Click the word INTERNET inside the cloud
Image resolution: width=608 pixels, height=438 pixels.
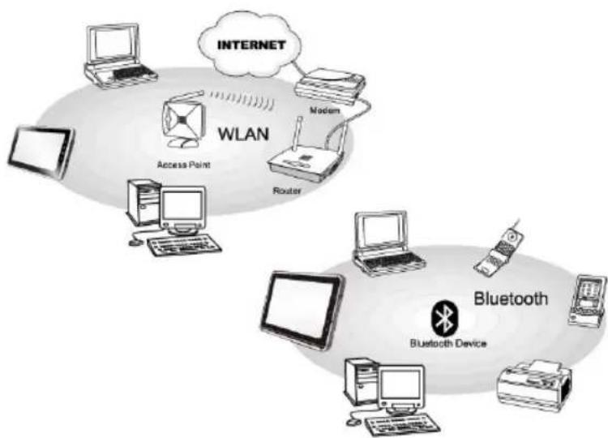click(251, 45)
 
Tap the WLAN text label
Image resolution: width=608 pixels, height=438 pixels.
click(243, 134)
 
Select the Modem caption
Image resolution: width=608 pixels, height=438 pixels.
click(324, 110)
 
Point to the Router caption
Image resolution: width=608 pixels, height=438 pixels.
click(287, 191)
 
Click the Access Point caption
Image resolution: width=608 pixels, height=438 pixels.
click(183, 165)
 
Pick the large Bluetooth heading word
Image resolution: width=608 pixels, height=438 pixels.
click(511, 298)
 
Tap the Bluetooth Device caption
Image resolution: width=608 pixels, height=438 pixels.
click(447, 343)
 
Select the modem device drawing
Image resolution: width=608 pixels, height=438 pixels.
click(330, 87)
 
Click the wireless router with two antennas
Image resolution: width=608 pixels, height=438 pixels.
click(307, 155)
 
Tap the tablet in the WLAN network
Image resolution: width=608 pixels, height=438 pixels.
click(41, 152)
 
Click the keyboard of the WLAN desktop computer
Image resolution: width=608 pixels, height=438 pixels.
click(185, 244)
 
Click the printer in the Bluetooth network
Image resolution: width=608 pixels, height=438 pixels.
click(534, 385)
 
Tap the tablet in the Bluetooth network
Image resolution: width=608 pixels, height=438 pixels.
click(302, 310)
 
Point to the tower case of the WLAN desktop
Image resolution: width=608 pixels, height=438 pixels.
click(144, 202)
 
